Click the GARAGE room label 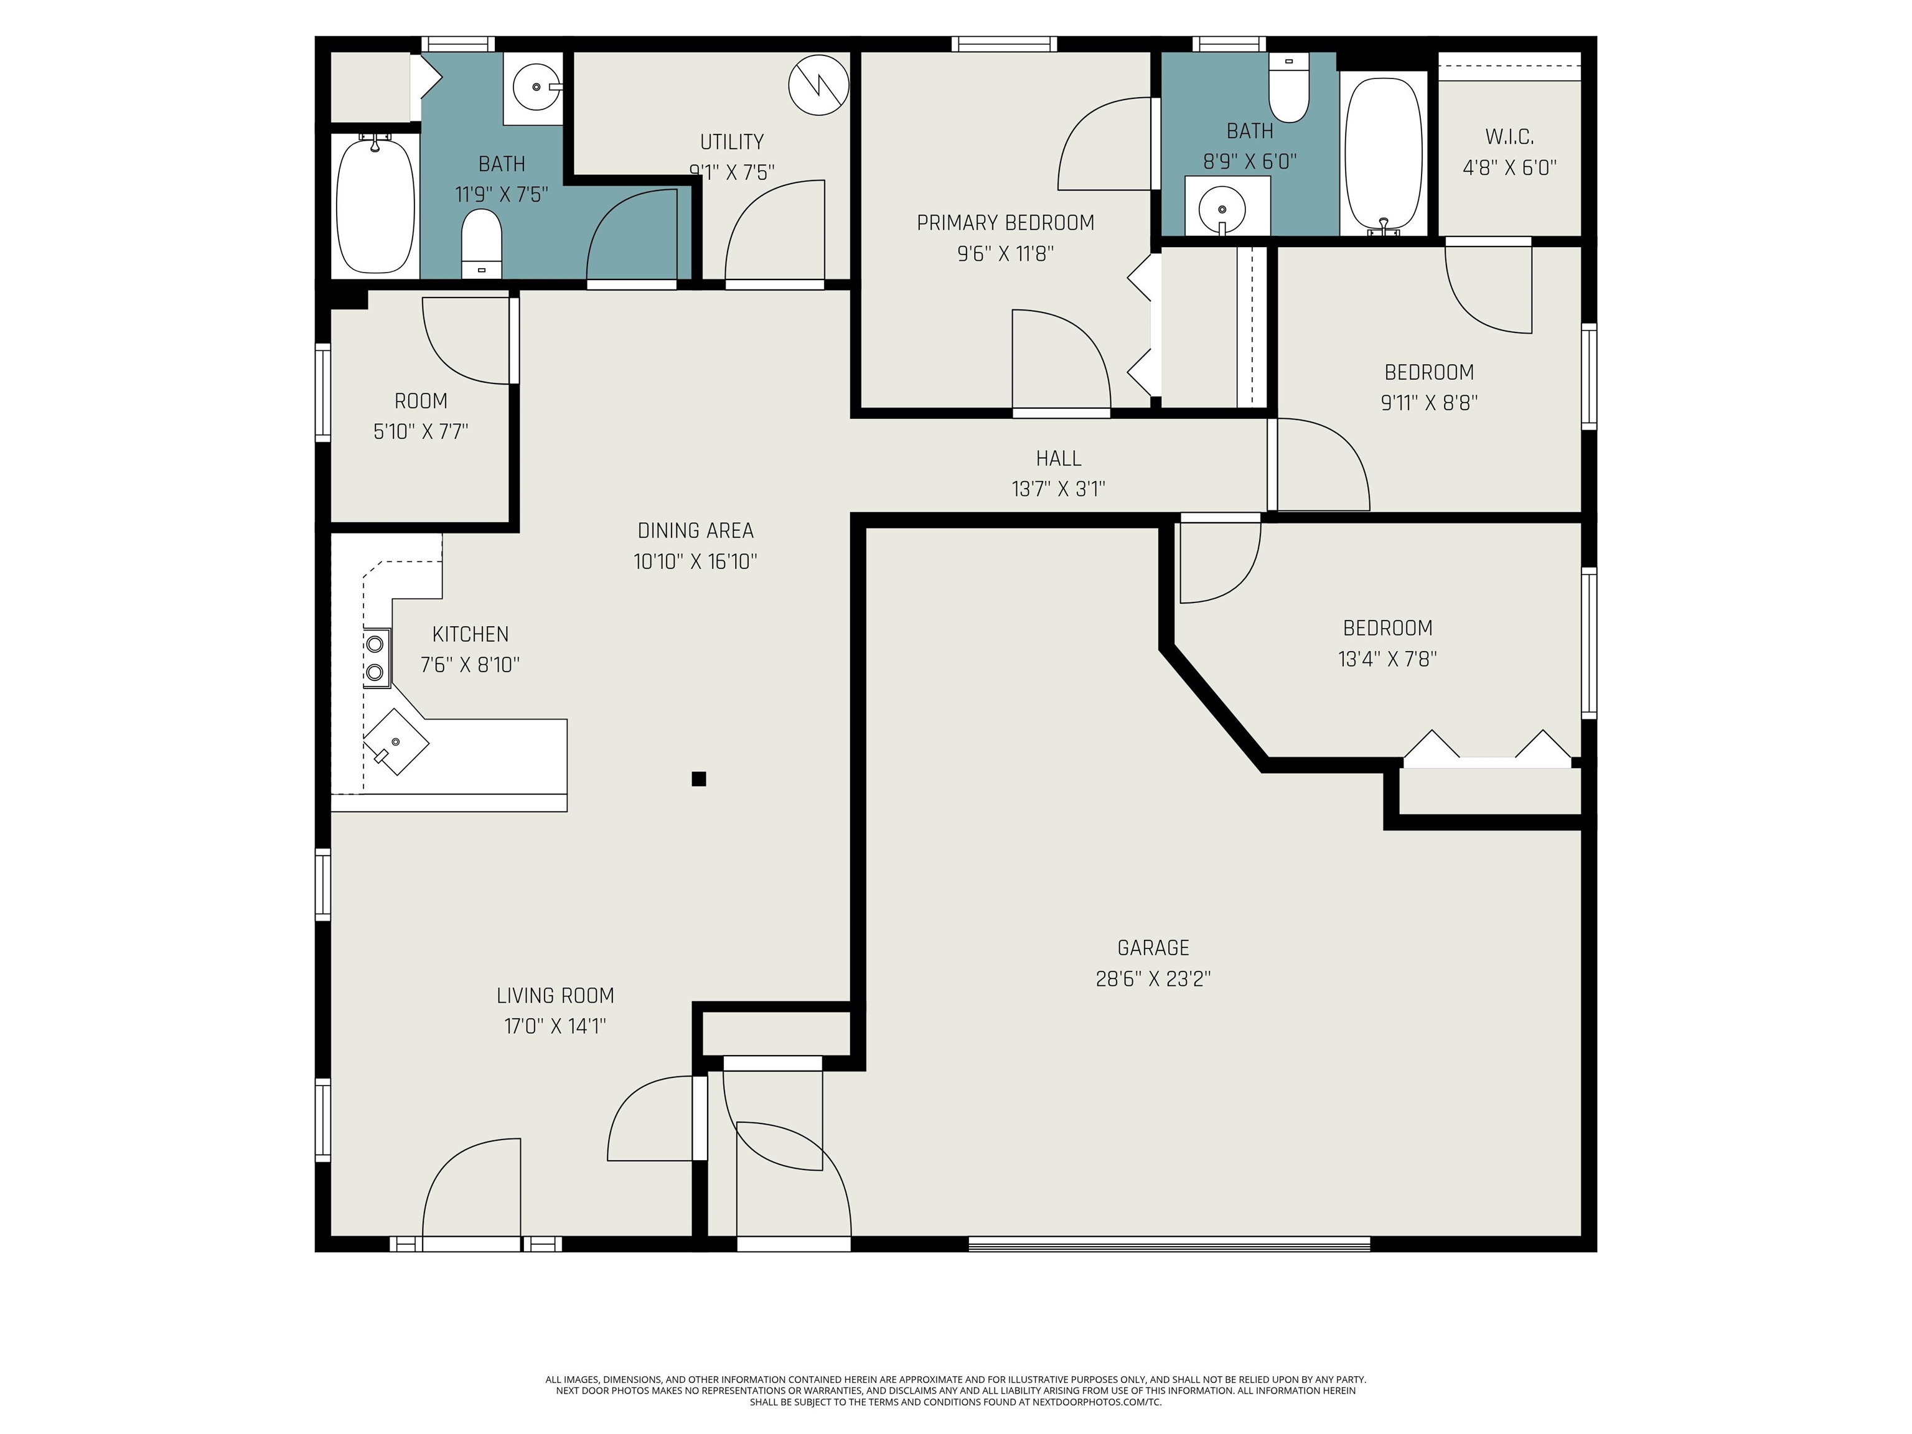point(1153,949)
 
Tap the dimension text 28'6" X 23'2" point(1153,979)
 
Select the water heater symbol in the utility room point(818,85)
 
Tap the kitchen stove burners point(375,658)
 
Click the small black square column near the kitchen point(698,779)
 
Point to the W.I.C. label point(1509,136)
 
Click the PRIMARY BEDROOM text point(1005,223)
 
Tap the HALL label point(1058,458)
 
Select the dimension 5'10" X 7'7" point(421,431)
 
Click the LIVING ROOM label point(555,996)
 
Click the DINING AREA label point(695,531)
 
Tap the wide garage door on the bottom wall point(1169,1244)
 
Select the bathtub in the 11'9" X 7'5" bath point(375,206)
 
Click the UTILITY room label point(731,142)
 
